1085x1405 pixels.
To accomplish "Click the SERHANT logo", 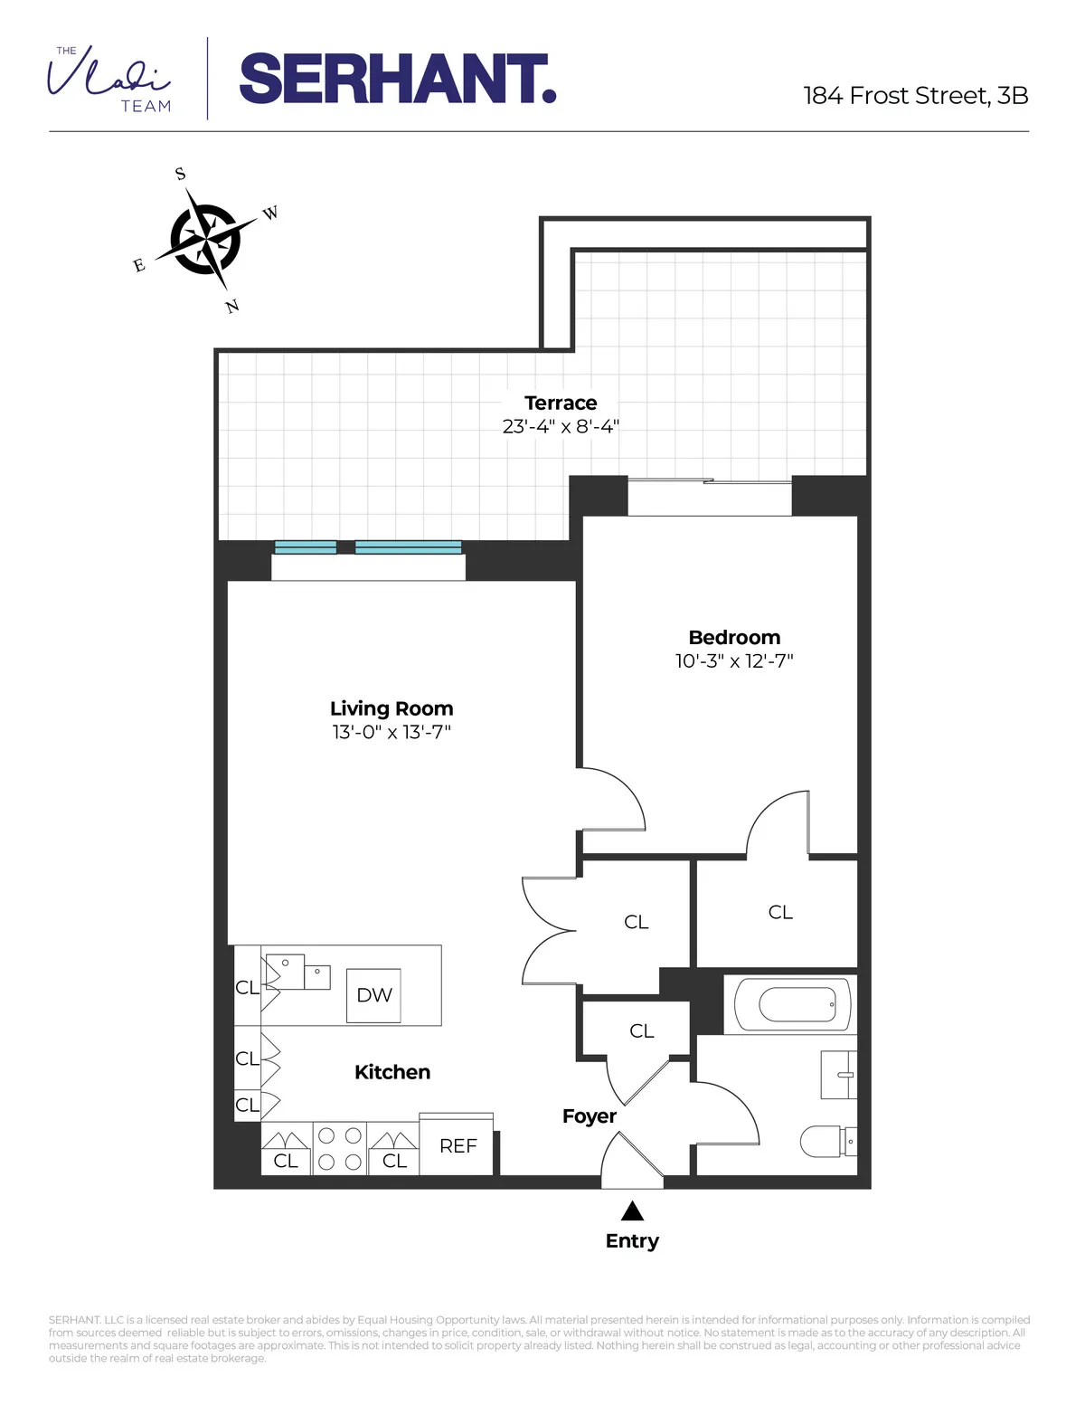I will [397, 80].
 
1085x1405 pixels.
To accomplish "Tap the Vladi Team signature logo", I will [109, 80].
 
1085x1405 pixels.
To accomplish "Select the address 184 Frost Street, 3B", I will [915, 96].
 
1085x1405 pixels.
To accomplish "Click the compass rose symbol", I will [207, 240].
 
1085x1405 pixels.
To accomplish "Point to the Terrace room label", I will [561, 403].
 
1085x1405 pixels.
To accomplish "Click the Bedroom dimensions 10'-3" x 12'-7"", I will [734, 661].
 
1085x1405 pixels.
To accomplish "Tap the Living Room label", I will [392, 708].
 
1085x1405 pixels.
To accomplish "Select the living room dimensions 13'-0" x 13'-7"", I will [392, 732].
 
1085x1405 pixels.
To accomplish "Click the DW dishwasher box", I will [374, 995].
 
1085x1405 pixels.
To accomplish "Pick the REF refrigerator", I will [458, 1145].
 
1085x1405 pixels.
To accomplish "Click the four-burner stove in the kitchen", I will [340, 1148].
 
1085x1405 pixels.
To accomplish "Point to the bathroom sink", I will [839, 1075].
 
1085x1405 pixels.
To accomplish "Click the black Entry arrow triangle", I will [632, 1210].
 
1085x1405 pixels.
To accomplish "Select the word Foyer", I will [589, 1116].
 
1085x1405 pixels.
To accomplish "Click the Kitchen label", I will [392, 1072].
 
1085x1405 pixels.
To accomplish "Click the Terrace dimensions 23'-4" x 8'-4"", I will [561, 426].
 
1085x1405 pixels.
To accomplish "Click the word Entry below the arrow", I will [632, 1241].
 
